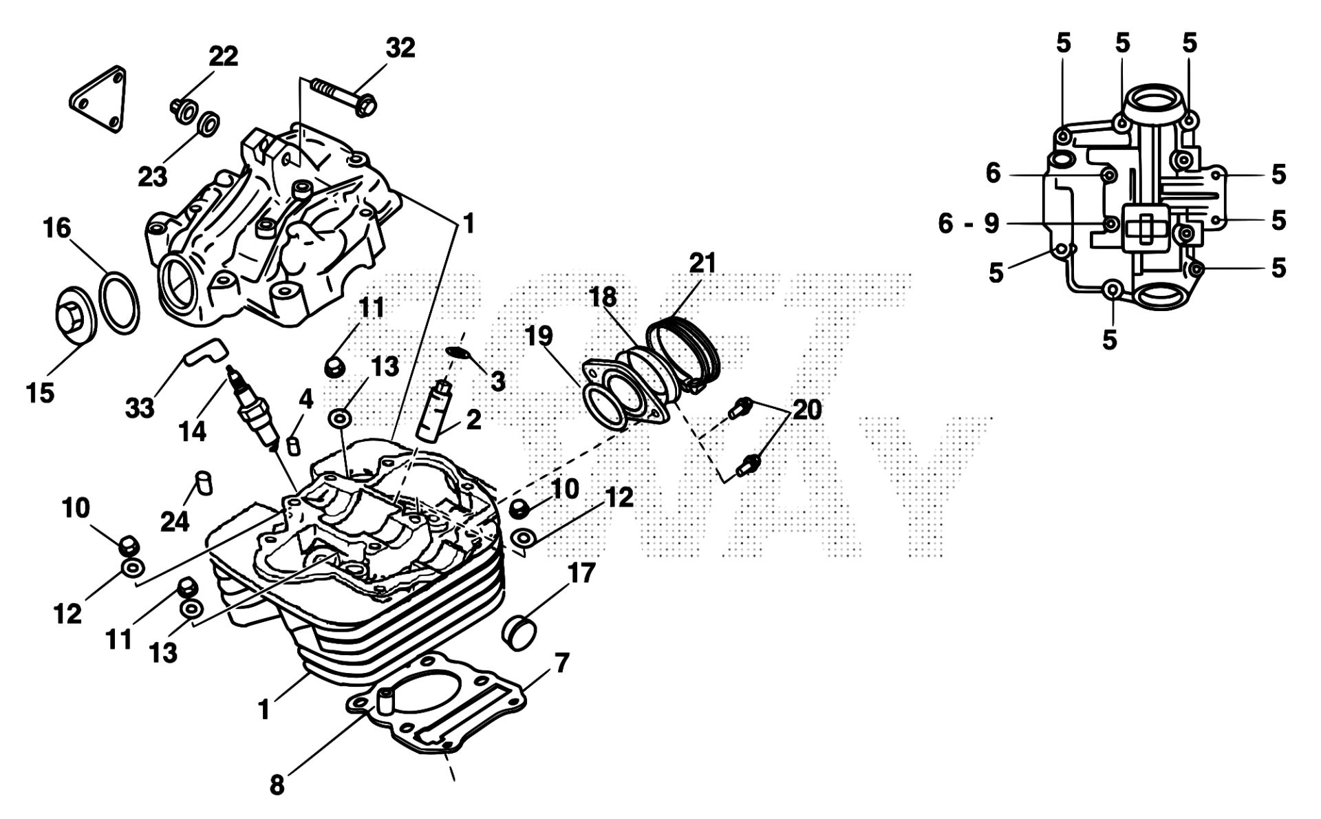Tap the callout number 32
click(400, 48)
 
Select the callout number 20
click(806, 410)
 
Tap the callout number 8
click(277, 785)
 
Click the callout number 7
click(561, 663)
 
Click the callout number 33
click(140, 409)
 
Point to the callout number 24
click(175, 521)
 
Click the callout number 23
click(153, 177)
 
